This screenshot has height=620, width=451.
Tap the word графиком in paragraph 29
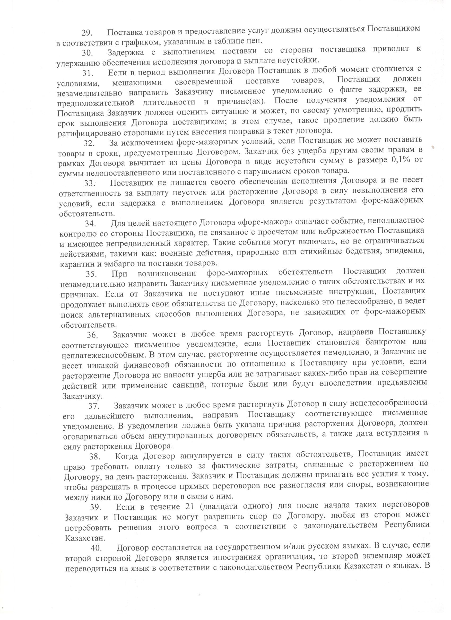click(139, 42)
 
